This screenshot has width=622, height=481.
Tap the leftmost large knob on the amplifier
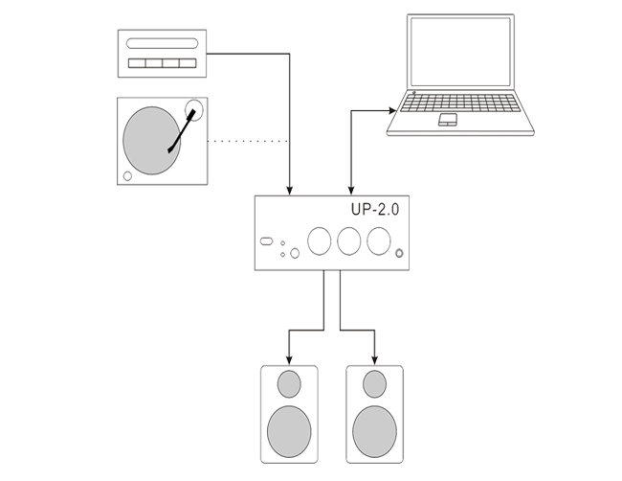click(320, 240)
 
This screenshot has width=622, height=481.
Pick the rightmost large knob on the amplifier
click(380, 240)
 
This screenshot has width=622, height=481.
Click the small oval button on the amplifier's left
click(267, 240)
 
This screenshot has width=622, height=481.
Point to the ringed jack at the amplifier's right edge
click(400, 254)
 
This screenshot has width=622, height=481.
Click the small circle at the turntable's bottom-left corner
click(127, 175)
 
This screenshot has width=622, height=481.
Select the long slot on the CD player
click(161, 43)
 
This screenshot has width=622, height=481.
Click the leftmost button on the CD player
click(138, 64)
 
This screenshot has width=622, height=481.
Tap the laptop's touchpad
click(448, 121)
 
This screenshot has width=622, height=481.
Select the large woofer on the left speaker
click(289, 428)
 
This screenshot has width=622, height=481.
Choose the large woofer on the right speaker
click(374, 428)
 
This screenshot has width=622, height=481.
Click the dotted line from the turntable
click(249, 141)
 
